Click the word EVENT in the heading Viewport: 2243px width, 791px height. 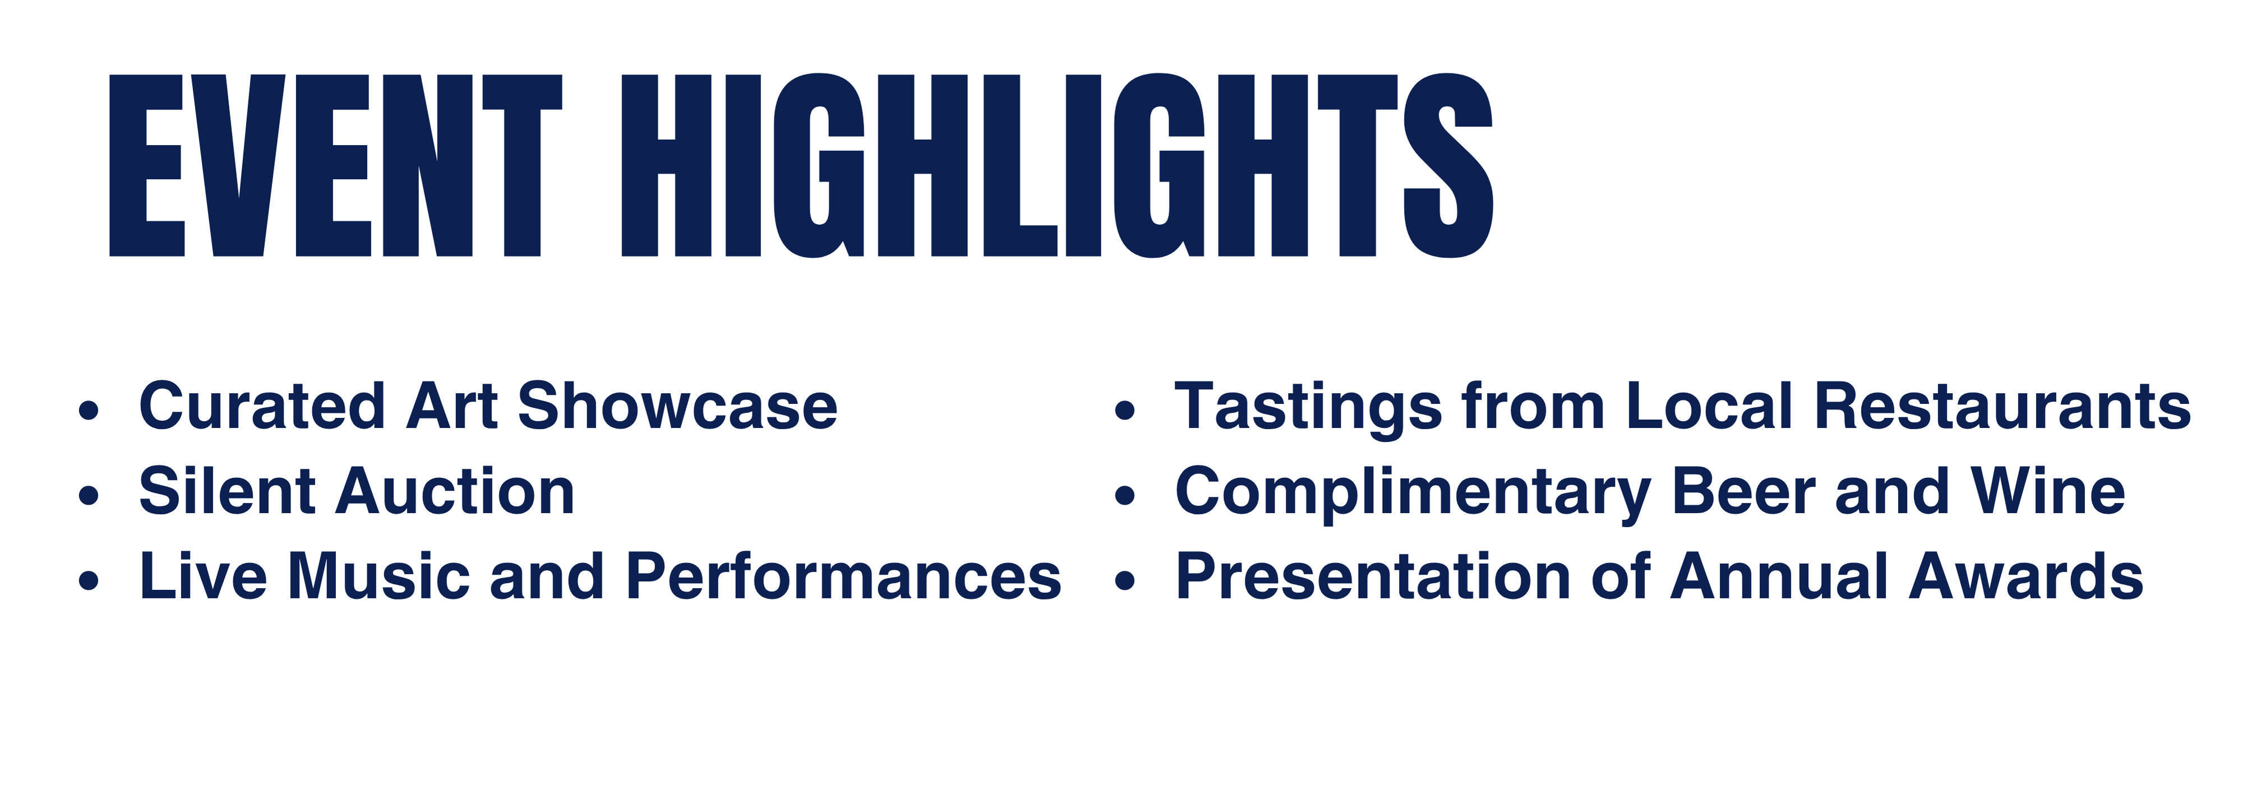tap(335, 165)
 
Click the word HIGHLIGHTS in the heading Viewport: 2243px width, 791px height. tap(1057, 165)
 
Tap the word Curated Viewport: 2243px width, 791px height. tap(262, 406)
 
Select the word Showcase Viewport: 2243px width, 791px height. tap(677, 406)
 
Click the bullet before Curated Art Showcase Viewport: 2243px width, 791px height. tap(89, 410)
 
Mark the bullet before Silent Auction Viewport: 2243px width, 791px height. tap(89, 495)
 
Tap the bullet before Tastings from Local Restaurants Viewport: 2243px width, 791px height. tap(1125, 410)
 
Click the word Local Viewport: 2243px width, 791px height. tap(1709, 406)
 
